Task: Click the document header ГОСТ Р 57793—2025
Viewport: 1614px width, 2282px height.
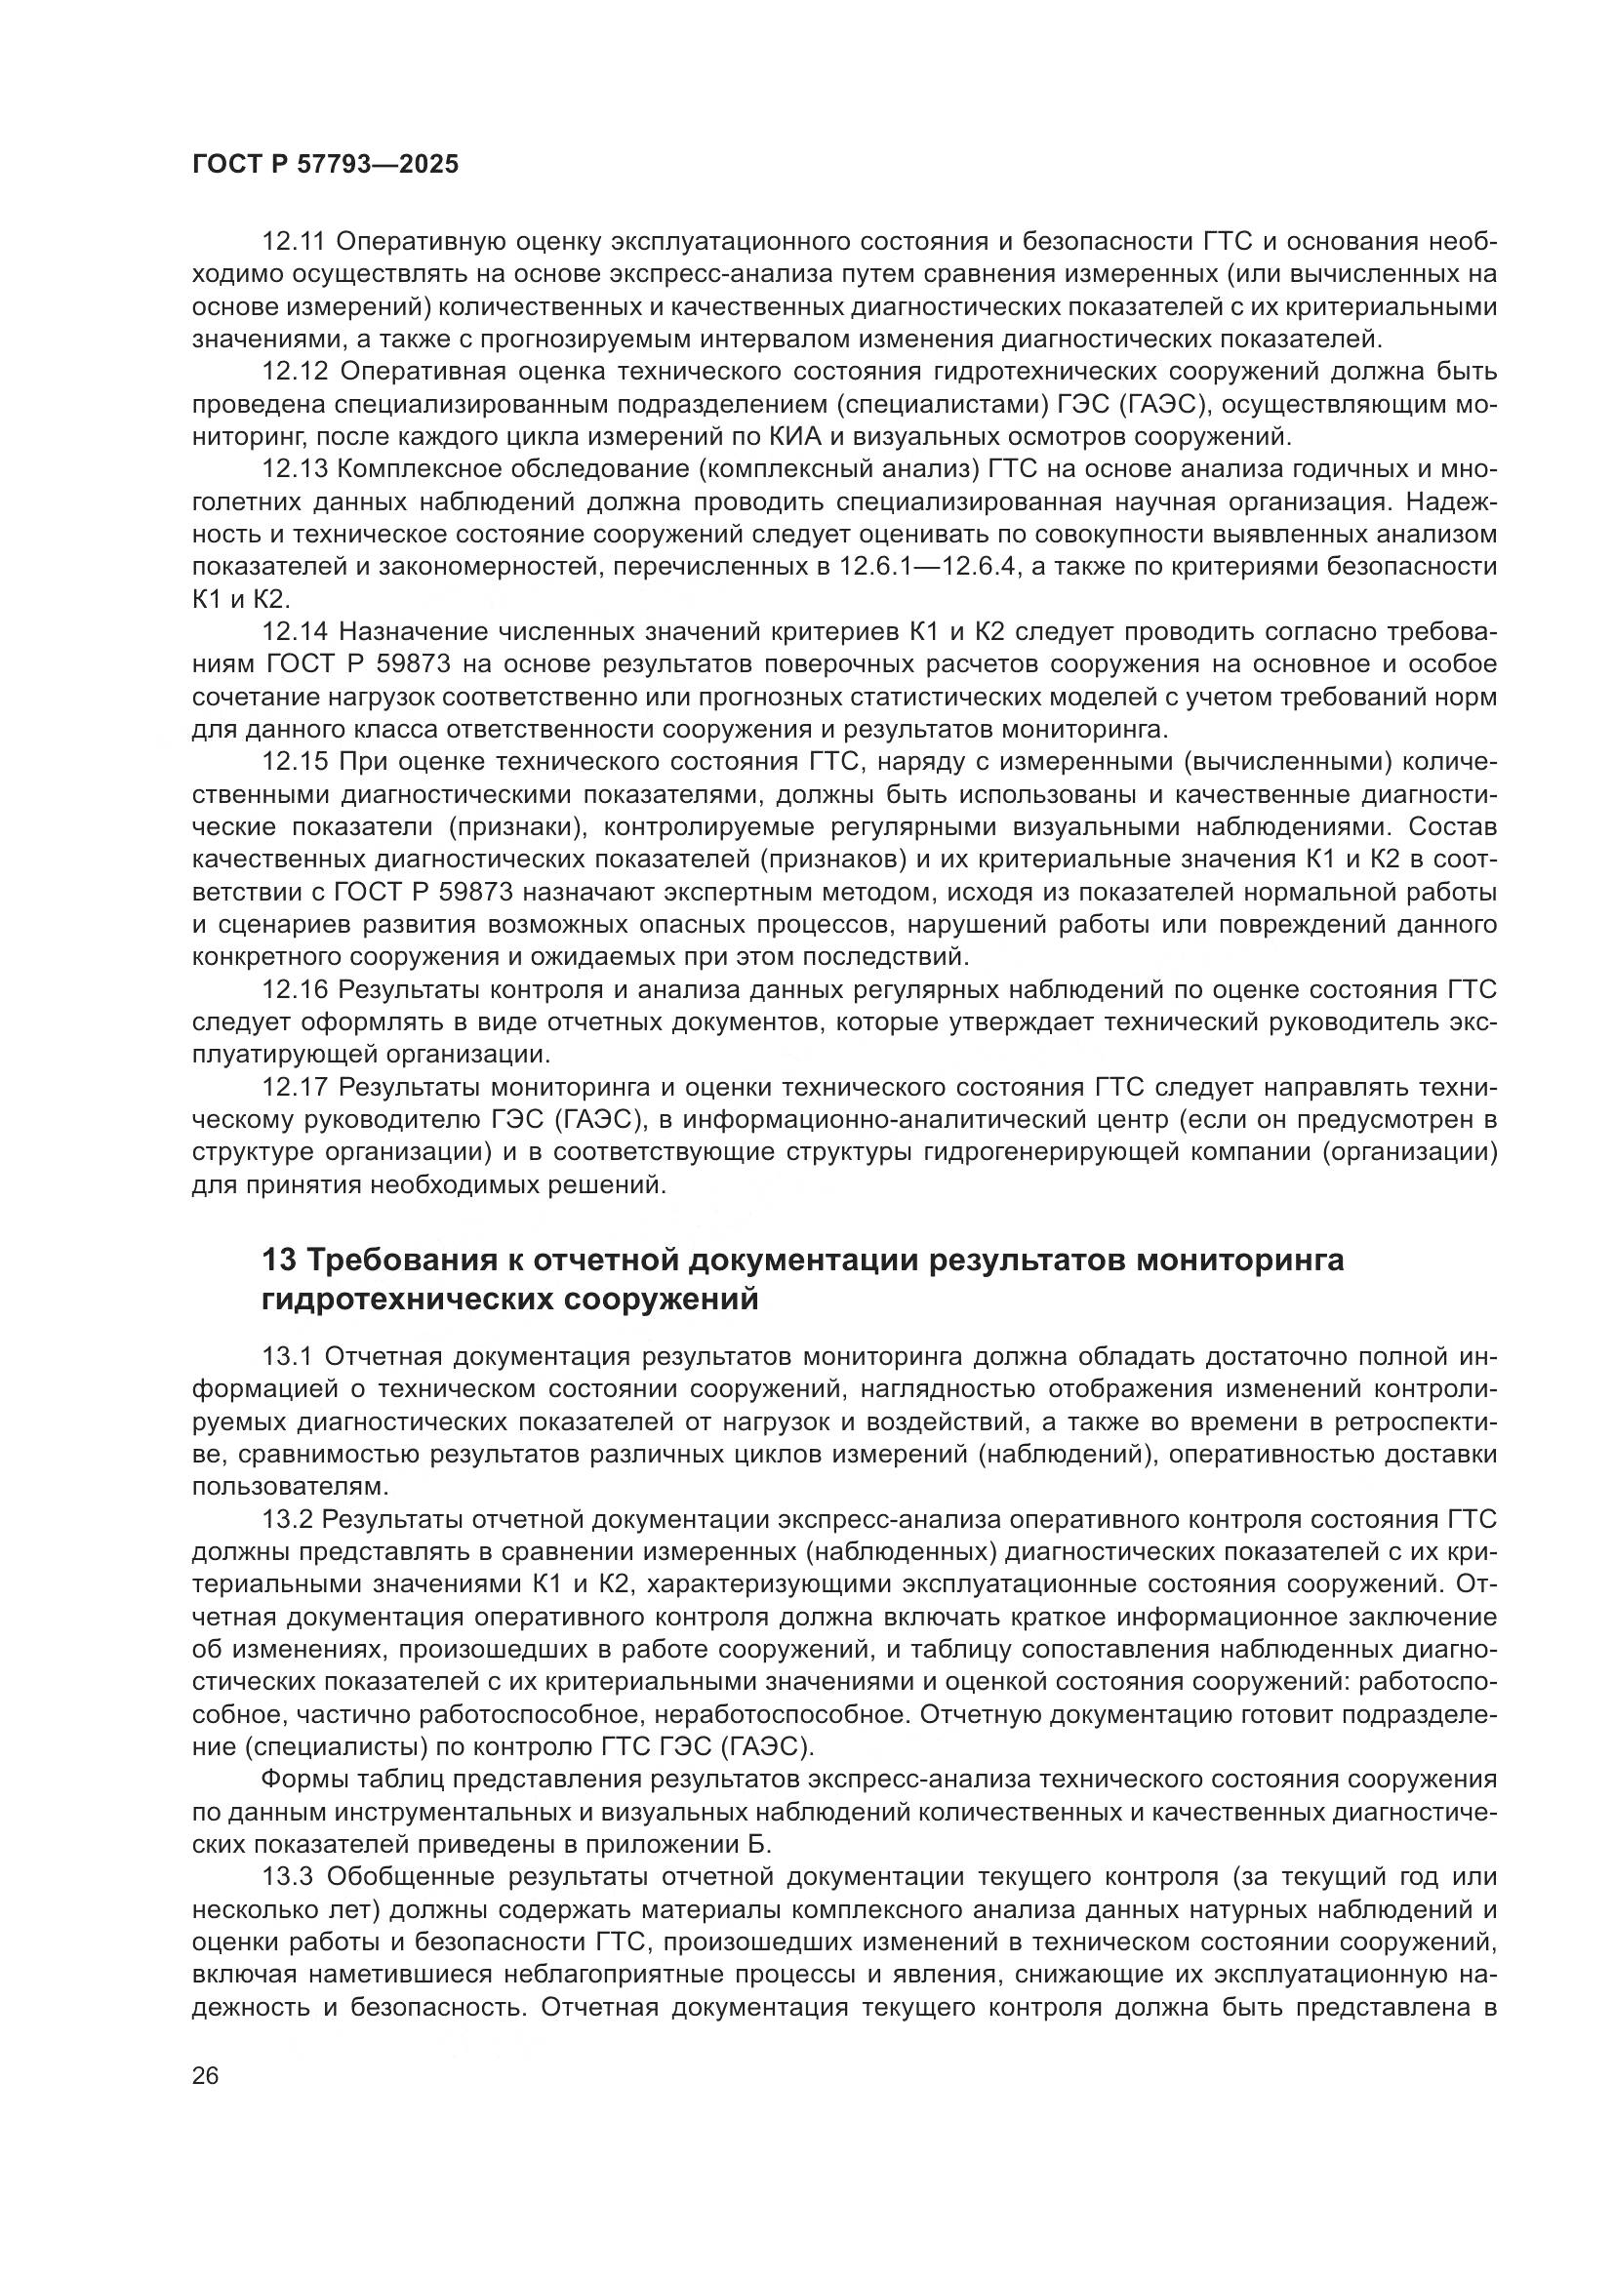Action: (325, 165)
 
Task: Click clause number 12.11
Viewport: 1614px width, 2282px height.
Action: (294, 242)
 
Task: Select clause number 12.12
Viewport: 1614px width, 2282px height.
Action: (294, 372)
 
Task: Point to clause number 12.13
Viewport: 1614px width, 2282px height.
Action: (294, 469)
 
